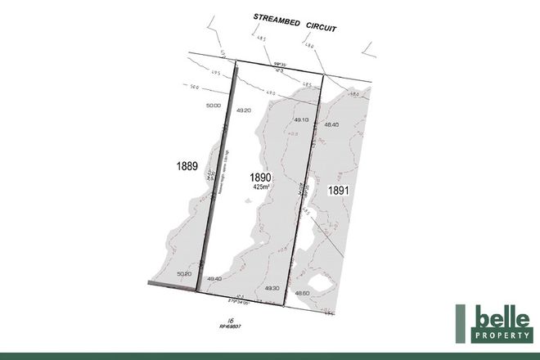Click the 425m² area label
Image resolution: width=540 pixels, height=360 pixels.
(x=260, y=188)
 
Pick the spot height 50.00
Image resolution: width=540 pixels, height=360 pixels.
(x=214, y=106)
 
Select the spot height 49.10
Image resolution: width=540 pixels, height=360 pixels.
(x=298, y=119)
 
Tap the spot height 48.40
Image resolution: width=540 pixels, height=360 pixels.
(x=331, y=124)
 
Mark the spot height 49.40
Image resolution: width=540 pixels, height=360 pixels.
(x=215, y=279)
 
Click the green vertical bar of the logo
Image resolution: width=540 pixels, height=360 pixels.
(x=461, y=324)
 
